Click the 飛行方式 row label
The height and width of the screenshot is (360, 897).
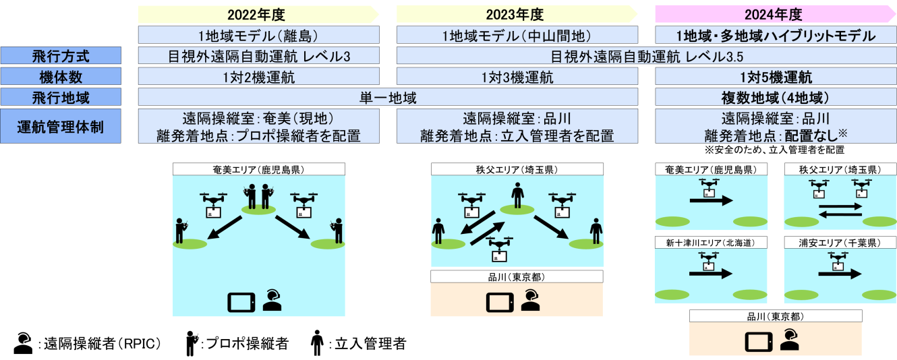(61, 57)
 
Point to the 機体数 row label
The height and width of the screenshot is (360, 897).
(61, 78)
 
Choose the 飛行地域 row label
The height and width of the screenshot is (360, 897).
(61, 98)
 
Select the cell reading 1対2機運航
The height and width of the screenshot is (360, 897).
(259, 78)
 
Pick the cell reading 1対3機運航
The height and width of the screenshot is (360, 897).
(517, 78)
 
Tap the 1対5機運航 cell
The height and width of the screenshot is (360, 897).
(775, 78)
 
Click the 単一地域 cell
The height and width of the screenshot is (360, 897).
(388, 98)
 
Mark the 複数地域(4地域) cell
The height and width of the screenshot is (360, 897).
(775, 98)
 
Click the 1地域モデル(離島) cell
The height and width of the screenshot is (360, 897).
(259, 36)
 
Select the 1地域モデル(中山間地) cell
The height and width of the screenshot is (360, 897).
(517, 36)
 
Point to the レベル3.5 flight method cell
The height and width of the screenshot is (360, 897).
(646, 57)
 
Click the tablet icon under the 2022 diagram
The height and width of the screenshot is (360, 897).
(241, 301)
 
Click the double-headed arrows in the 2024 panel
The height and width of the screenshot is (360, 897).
(840, 210)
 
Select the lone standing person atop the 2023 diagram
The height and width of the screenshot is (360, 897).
(517, 194)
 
